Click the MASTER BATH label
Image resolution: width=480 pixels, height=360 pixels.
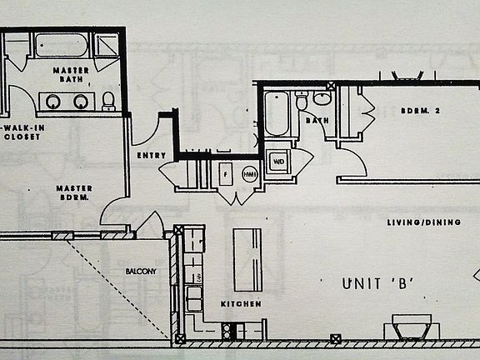point(71,74)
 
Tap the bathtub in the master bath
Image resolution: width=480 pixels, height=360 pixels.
point(62,44)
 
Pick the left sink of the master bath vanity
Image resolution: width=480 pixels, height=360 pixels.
point(53,102)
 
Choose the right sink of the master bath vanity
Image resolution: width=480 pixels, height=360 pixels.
point(81,102)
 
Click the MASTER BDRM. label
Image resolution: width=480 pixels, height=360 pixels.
point(74,193)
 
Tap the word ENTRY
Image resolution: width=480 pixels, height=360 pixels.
point(150,156)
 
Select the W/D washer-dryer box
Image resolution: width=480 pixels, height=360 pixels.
point(277,162)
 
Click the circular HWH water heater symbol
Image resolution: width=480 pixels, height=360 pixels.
point(249,175)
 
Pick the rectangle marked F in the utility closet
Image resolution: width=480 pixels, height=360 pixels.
point(225,175)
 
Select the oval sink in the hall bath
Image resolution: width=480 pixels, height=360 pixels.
point(322,99)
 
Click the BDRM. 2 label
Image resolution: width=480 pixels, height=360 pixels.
point(420,112)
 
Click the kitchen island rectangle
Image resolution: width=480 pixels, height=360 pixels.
point(247,258)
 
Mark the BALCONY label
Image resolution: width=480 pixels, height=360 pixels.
point(142,272)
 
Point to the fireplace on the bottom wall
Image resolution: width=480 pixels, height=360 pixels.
point(412,327)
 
